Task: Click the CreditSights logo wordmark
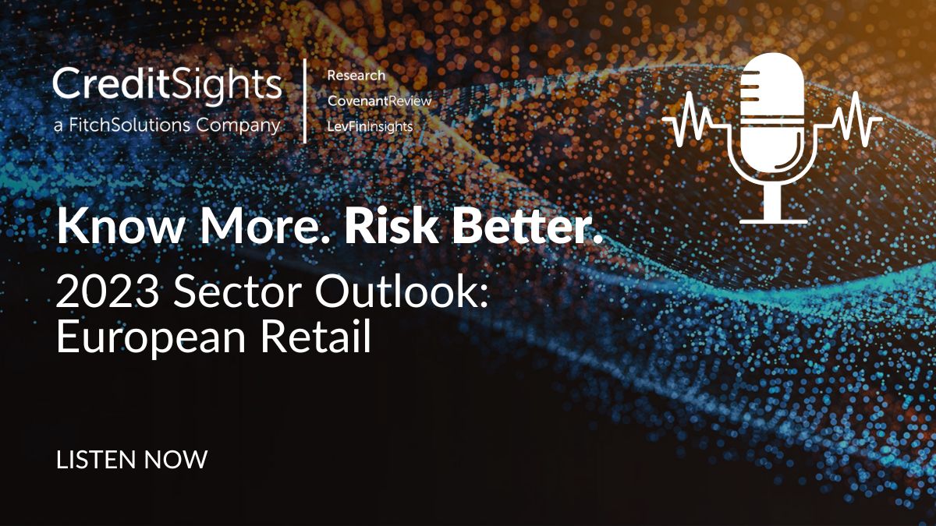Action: (x=167, y=86)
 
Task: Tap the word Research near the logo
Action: (x=356, y=76)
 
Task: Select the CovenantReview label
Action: (x=379, y=101)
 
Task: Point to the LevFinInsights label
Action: (x=370, y=126)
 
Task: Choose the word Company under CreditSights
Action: (x=238, y=125)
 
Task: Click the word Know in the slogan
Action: (x=120, y=226)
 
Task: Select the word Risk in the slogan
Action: (x=391, y=226)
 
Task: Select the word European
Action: (x=151, y=339)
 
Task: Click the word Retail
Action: (x=315, y=337)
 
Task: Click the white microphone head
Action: (x=771, y=113)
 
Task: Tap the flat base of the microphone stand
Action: (x=774, y=221)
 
